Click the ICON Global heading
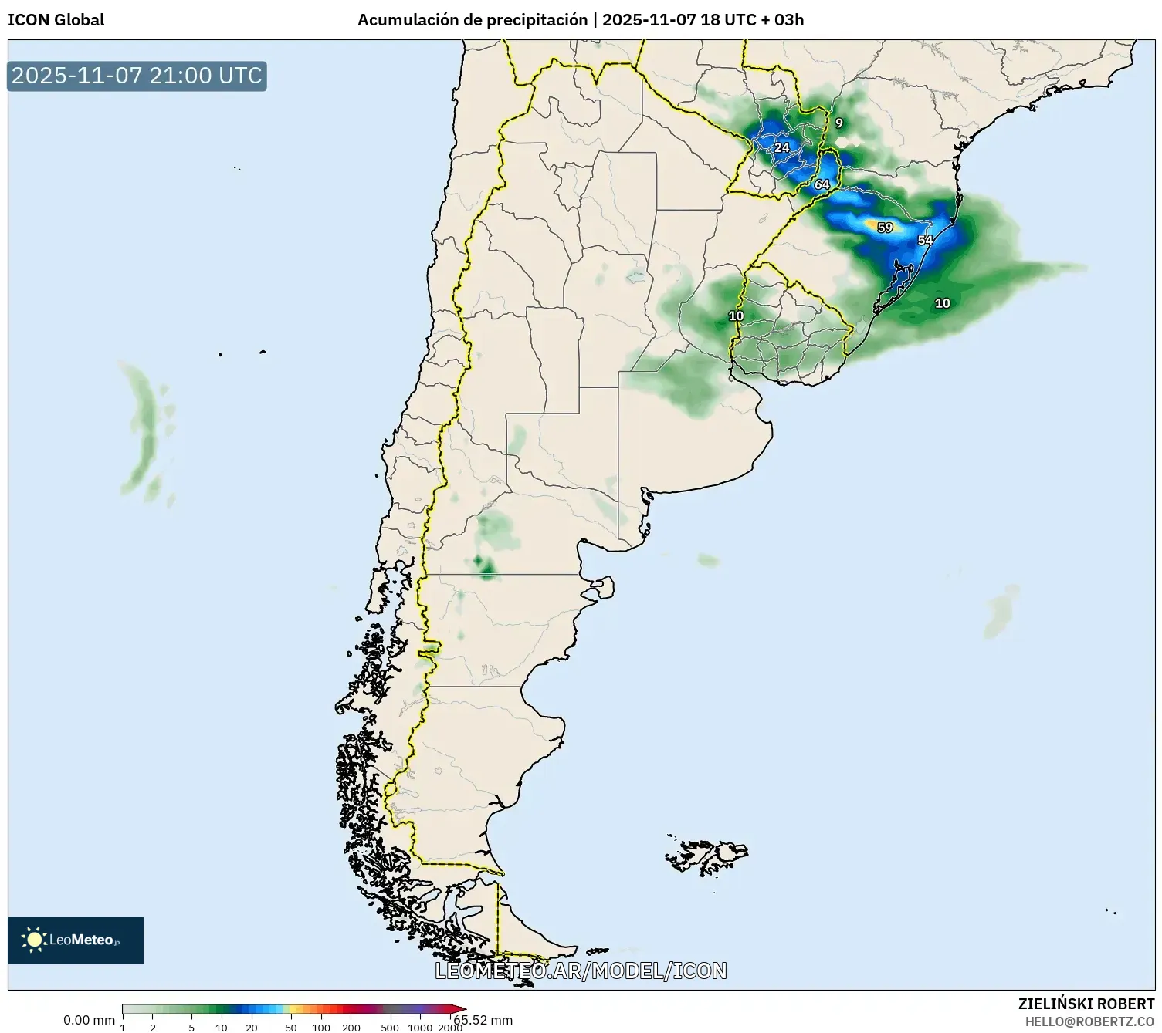56,20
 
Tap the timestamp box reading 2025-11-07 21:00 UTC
137,76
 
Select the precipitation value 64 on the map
822,184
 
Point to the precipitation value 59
885,228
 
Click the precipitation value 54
925,240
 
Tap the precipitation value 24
782,148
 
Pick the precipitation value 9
838,123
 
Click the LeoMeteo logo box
76,940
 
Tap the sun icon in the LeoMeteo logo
34,940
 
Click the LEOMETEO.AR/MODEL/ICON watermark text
581,971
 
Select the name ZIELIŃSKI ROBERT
1086,1004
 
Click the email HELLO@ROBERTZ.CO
1089,1021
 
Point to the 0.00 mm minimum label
89,1020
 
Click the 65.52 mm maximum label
483,1020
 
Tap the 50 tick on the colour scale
291,1028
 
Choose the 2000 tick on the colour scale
450,1028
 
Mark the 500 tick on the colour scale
390,1028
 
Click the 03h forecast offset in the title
788,20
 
